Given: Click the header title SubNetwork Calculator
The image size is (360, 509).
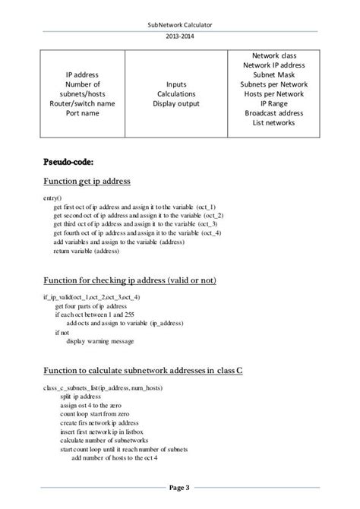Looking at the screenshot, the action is click(x=180, y=26).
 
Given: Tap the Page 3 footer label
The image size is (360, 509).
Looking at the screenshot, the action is click(x=180, y=487).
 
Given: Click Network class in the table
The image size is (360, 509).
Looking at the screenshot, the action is click(x=276, y=56).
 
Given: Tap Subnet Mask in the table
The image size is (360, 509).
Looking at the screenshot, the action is click(x=276, y=75).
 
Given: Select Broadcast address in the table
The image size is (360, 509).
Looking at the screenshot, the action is click(x=276, y=113).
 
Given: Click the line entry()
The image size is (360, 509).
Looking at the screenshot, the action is click(x=53, y=198).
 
